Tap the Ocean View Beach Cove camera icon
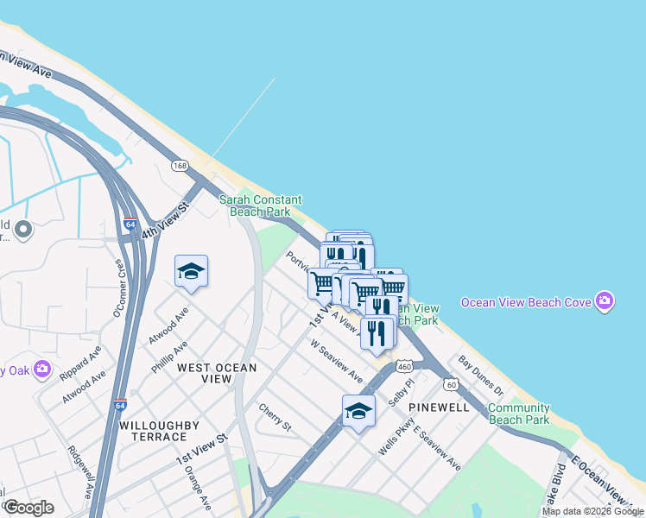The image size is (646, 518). tap(605, 301)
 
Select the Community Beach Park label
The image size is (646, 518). tap(518, 414)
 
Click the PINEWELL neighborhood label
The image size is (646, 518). tap(439, 406)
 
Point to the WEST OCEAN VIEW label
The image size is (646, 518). tap(217, 373)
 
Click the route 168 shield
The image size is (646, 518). tap(180, 165)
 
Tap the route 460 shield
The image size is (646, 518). tap(404, 367)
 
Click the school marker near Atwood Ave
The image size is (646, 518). tap(191, 271)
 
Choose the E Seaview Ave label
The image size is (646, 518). tap(437, 449)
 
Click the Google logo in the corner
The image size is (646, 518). tap(28, 508)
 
